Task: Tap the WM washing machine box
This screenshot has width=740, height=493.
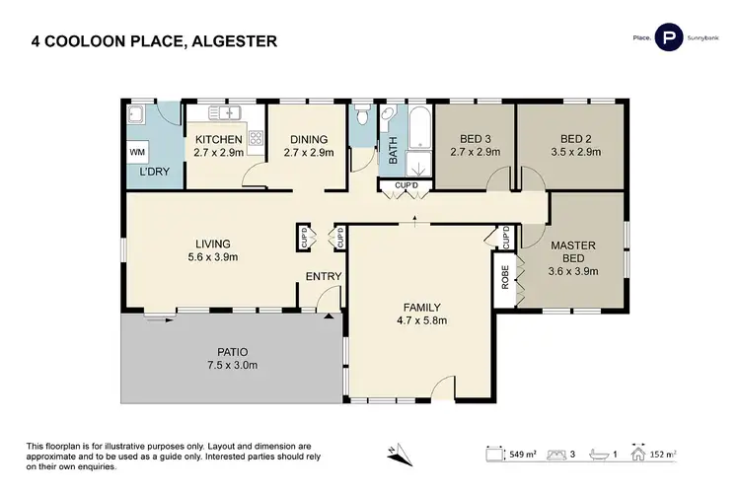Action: click(x=137, y=153)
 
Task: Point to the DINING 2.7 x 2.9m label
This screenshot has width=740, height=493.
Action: click(x=308, y=146)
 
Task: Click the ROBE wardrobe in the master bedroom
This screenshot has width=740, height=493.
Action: click(x=505, y=282)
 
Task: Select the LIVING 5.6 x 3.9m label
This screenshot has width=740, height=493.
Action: click(x=212, y=250)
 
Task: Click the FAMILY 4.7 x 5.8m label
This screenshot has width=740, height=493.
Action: click(x=421, y=314)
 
